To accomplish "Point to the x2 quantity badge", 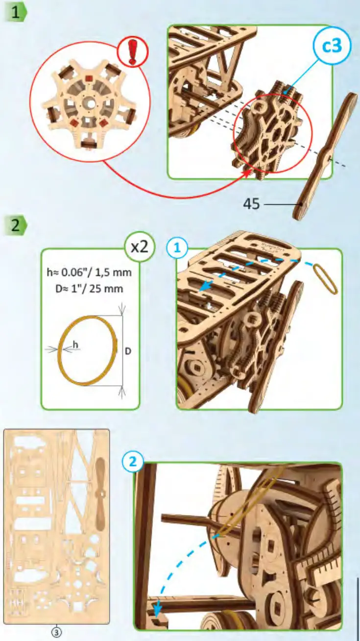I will coord(139,247).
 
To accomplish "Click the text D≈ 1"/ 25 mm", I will coord(90,289).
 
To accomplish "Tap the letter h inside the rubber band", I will coord(75,345).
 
